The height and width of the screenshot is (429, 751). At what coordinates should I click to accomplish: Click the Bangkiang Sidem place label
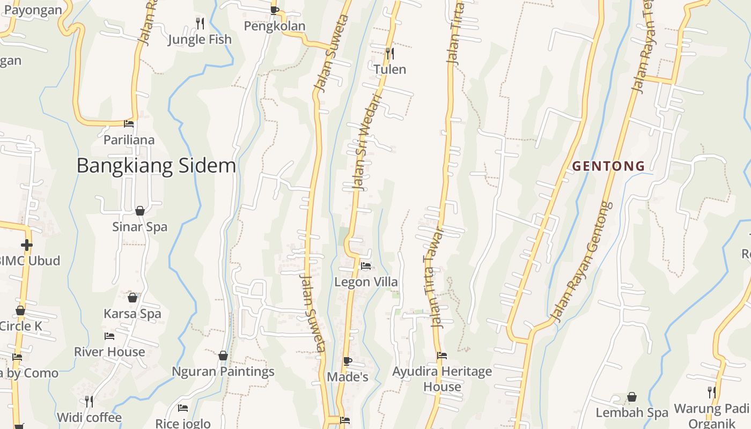coord(156,166)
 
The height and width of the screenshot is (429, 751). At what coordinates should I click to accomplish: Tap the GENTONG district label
coord(608,166)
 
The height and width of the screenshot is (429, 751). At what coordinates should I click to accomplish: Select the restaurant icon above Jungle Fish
coord(200,23)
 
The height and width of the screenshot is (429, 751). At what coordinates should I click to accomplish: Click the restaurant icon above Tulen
coord(390,53)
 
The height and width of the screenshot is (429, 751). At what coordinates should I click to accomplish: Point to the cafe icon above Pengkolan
coord(275,10)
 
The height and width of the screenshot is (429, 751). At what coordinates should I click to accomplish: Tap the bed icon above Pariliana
coord(129,123)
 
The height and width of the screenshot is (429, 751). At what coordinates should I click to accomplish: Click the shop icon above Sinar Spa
coord(140,211)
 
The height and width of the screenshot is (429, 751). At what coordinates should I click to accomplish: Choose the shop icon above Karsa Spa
coord(132,298)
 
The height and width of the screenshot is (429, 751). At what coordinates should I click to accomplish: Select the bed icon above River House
coord(109,336)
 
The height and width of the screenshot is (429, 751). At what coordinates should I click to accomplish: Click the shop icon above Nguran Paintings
coord(223,356)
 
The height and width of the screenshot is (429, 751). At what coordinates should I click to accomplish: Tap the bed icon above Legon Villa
coord(366,266)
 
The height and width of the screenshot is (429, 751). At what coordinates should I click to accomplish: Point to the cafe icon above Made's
coord(348,361)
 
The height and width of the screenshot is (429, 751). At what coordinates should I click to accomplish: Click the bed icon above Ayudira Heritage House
coord(442,355)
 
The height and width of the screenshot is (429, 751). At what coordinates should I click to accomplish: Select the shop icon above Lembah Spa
coord(632,397)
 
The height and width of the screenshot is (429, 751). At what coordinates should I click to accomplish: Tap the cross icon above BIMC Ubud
coord(26,245)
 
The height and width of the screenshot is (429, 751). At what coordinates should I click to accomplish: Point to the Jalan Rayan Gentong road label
coord(583,262)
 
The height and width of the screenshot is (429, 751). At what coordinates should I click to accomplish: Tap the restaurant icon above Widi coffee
coord(89,401)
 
